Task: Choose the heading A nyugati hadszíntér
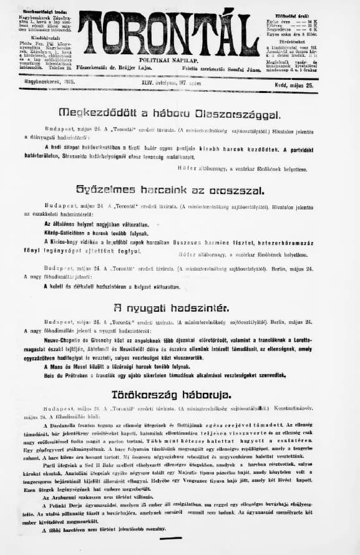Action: click(170, 307)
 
